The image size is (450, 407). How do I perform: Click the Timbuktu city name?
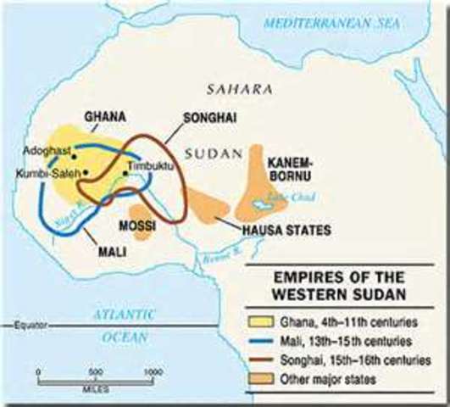(x=149, y=166)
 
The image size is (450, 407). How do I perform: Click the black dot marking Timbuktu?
(x=125, y=174)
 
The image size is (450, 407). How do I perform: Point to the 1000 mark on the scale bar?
(x=153, y=371)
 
